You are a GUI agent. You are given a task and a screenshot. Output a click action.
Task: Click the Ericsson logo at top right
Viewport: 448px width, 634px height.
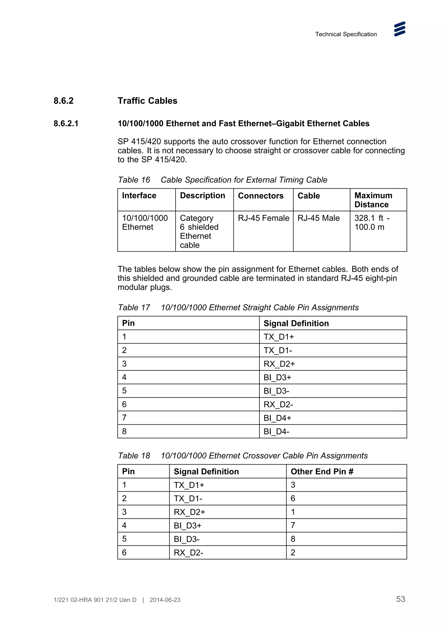[399, 29]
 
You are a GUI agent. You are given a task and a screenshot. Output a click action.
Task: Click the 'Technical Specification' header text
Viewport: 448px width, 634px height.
[346, 34]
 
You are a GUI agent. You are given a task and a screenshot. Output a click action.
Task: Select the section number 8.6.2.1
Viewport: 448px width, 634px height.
[66, 123]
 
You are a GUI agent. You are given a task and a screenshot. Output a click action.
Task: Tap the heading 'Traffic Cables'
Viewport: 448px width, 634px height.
[147, 101]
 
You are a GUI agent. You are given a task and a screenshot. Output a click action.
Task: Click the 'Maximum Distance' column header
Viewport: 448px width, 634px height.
[373, 200]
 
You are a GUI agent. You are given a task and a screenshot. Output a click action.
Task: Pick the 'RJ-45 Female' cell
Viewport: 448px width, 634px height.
[263, 218]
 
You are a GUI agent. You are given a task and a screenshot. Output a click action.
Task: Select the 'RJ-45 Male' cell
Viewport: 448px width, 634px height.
[318, 218]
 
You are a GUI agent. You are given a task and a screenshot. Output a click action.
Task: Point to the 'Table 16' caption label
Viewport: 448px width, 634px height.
[134, 180]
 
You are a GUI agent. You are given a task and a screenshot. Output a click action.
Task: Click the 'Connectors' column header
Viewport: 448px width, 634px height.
[261, 196]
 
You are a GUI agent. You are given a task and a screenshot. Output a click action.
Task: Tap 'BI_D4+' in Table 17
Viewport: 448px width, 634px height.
[277, 418]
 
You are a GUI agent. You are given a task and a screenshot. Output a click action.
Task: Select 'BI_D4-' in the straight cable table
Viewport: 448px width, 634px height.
[276, 432]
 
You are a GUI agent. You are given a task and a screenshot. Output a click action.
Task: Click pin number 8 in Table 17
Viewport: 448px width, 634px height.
[124, 431]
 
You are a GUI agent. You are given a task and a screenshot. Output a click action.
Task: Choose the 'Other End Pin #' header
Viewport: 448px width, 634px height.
[322, 472]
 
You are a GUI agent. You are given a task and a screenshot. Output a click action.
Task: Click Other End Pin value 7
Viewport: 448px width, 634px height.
[293, 525]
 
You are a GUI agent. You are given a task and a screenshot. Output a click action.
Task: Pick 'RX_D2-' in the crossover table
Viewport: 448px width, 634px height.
[188, 553]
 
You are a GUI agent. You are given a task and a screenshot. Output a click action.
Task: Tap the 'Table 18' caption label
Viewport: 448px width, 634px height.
[134, 456]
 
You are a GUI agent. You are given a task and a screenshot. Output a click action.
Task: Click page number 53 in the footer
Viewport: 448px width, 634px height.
[401, 599]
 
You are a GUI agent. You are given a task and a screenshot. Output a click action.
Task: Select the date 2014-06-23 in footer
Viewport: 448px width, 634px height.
[165, 600]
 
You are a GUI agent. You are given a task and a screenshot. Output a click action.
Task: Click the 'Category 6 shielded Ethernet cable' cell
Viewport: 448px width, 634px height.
[199, 231]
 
